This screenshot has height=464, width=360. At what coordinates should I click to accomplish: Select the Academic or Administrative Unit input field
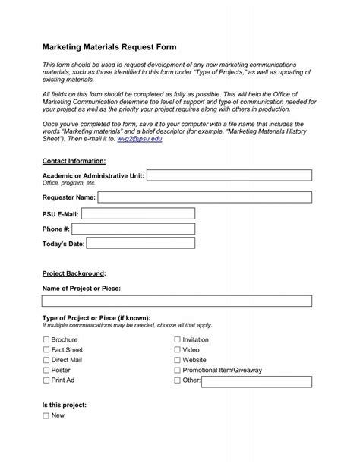coord(229,176)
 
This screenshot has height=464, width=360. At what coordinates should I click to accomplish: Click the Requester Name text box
coord(204,197)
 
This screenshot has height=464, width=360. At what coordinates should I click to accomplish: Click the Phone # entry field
coord(134,229)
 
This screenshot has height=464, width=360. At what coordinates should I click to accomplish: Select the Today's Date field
coord(141,244)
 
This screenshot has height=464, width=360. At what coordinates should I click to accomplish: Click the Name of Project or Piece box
coord(177,301)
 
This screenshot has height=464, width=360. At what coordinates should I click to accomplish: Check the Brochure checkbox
coord(46,340)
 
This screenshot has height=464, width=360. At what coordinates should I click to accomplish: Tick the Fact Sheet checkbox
coord(46,350)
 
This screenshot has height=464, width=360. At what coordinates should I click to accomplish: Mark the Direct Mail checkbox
coord(46,360)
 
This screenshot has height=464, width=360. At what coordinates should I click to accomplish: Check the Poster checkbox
coord(46,370)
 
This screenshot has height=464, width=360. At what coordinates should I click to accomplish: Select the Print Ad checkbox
coord(46,380)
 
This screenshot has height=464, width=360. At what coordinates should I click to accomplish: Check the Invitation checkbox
coord(178,340)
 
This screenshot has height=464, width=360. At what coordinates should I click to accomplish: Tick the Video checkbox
coord(178,350)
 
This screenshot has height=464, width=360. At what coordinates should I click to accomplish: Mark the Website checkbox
coord(178,360)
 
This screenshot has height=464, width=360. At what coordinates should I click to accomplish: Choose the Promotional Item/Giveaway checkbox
coord(178,370)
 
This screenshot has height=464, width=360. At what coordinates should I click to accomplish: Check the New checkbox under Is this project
coord(46,416)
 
